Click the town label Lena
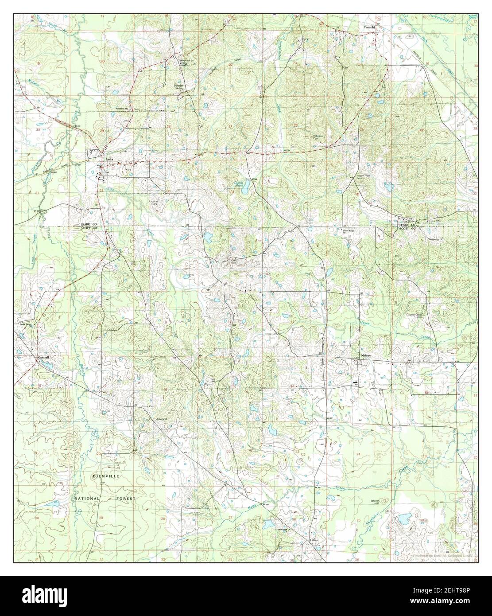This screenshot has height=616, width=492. (108, 161)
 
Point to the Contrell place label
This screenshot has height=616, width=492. (43, 358)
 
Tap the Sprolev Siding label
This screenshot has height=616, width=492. (178, 86)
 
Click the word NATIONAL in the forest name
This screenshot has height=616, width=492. (87, 499)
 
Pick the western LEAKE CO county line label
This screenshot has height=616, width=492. (88, 225)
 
